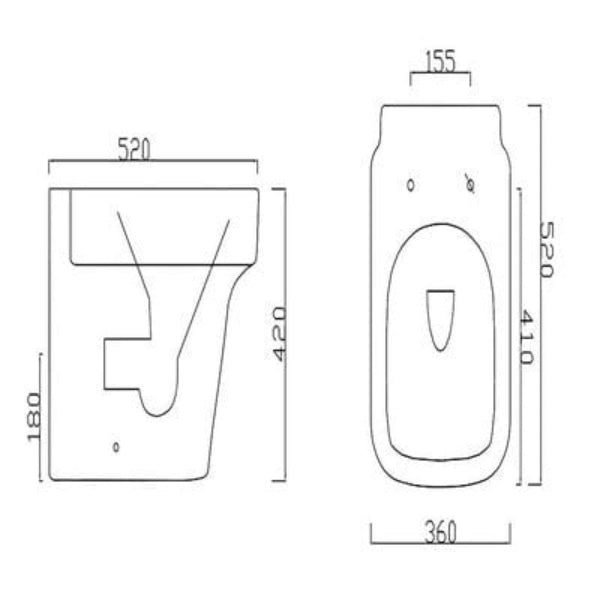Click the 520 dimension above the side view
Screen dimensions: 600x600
point(134,151)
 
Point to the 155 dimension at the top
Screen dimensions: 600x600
point(440,61)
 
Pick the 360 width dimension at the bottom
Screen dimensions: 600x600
point(439,533)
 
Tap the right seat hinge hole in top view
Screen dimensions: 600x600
point(469,182)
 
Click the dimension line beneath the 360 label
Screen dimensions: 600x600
point(440,546)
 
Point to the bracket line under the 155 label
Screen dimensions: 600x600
point(440,75)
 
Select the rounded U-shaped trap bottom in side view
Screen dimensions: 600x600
point(158,404)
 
